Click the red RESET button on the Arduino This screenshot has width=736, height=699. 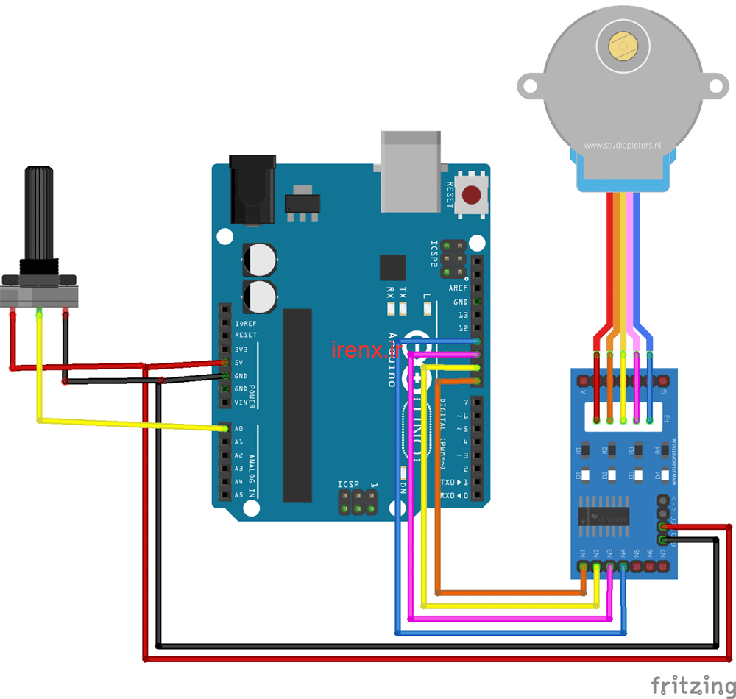point(473,195)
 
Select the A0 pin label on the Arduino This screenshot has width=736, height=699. point(238,429)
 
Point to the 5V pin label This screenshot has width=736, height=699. point(238,363)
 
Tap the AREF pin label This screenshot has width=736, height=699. point(459,288)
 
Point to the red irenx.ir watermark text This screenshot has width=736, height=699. point(364,351)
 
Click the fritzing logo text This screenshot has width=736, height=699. point(692,685)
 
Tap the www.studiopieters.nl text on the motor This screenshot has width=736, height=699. point(623,146)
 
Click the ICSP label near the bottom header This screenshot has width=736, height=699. point(349,484)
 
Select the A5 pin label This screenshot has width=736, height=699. point(238,495)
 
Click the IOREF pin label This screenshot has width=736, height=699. point(245,323)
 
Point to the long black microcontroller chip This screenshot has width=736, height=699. point(297,405)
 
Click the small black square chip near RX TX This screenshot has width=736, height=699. point(392,267)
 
